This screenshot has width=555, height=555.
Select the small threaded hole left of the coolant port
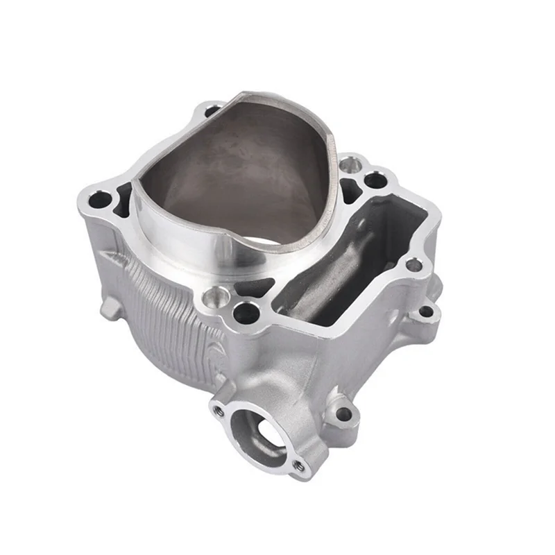219,410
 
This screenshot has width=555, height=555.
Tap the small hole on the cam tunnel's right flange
413,264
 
